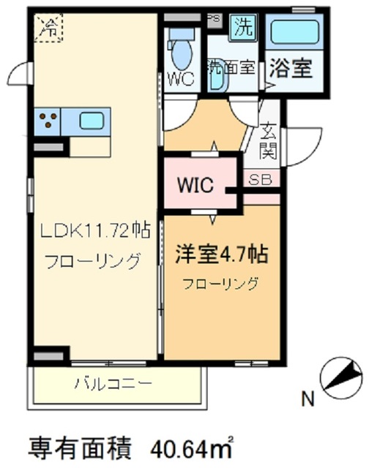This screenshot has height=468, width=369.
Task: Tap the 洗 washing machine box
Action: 242,27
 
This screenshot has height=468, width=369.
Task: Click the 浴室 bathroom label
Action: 292,69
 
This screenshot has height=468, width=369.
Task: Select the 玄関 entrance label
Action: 268,143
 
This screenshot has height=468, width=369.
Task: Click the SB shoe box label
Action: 261,178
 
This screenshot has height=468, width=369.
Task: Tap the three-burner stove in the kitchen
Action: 49,121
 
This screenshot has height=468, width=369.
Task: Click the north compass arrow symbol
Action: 341,380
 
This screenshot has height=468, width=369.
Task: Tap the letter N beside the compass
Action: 308,399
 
